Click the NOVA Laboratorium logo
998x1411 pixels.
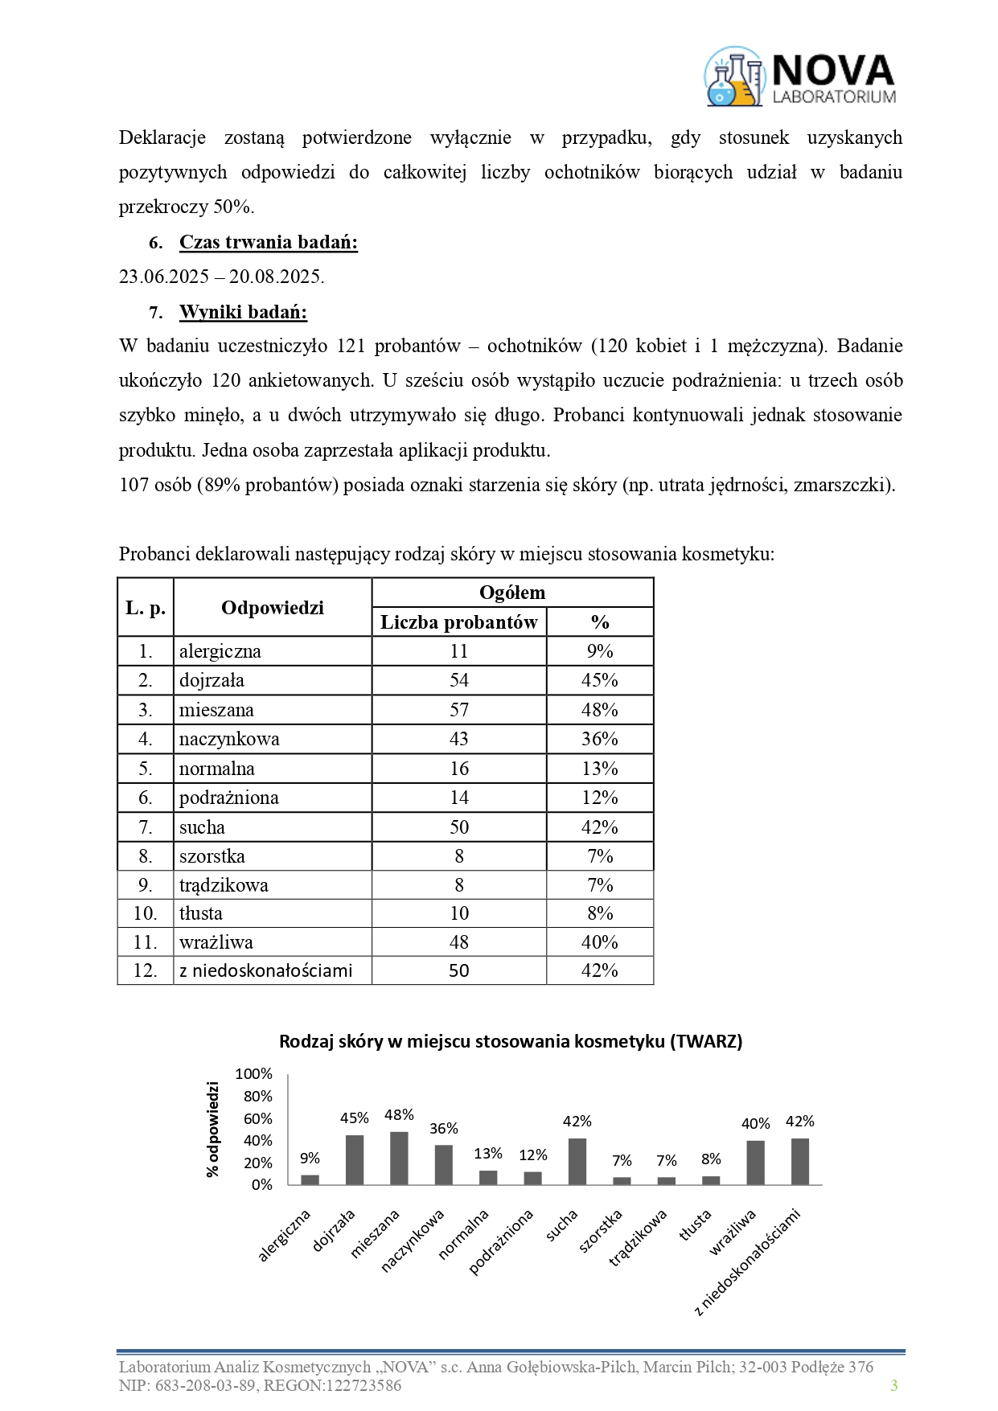click(x=800, y=77)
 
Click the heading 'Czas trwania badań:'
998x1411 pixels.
click(x=269, y=242)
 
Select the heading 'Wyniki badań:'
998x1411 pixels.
click(x=243, y=312)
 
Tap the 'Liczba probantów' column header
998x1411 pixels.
click(x=458, y=622)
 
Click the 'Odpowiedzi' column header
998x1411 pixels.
click(x=273, y=608)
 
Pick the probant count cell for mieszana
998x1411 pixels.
click(x=458, y=710)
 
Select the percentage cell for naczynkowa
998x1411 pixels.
click(x=600, y=739)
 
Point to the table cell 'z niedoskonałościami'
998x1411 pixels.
click(x=266, y=970)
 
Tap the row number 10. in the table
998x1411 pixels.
click(x=146, y=913)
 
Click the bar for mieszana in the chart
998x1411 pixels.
click(x=399, y=1159)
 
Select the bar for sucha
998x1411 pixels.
click(x=577, y=1162)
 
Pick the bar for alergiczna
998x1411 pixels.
click(x=310, y=1179)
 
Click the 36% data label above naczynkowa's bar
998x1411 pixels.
click(x=444, y=1129)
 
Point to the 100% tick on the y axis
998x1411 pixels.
click(x=254, y=1074)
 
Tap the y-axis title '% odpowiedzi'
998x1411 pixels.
click(x=213, y=1130)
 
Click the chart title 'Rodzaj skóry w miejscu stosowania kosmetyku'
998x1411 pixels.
click(x=511, y=1041)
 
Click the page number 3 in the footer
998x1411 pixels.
click(x=893, y=1385)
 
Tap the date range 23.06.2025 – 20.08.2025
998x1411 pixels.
click(x=222, y=277)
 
